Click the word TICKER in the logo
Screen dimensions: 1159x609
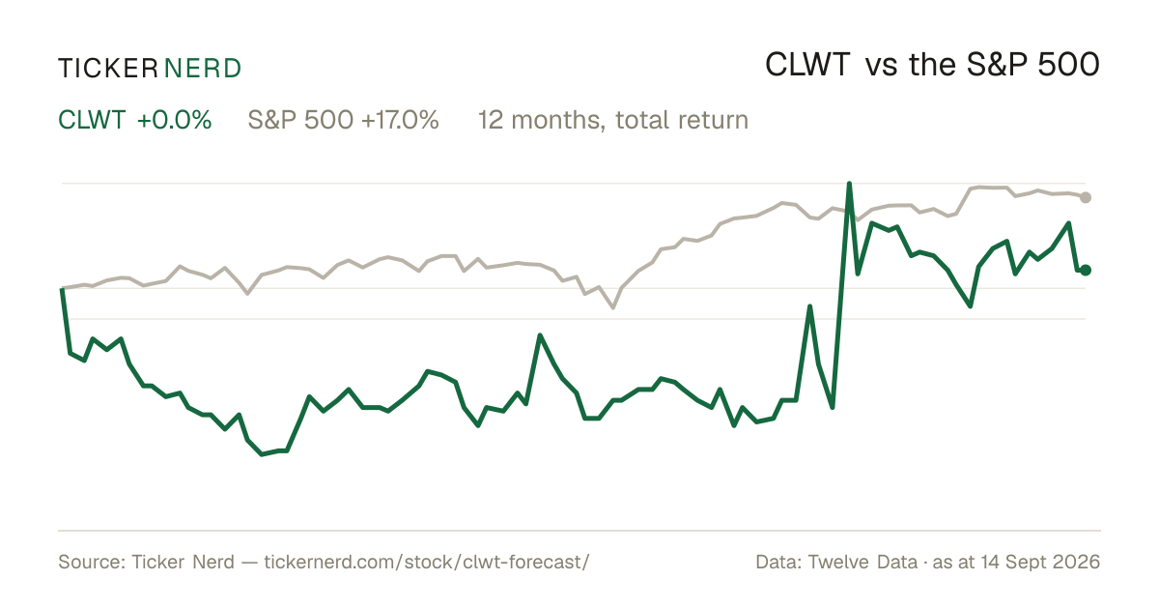[107, 69]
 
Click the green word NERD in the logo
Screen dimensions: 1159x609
[202, 69]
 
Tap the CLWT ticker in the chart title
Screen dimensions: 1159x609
[807, 66]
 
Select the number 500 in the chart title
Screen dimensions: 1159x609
[1068, 66]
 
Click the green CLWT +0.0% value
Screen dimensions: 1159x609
[135, 120]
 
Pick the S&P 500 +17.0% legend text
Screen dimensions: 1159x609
[343, 120]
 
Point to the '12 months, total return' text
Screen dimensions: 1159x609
[613, 120]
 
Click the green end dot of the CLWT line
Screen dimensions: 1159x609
[1086, 270]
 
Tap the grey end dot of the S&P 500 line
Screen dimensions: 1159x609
[1086, 197]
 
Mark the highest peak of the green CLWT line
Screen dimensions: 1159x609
[849, 184]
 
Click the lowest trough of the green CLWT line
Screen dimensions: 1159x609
[262, 454]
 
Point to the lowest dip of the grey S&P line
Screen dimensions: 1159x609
[613, 307]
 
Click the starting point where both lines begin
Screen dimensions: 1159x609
[62, 288]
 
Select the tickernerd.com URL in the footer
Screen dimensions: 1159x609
[426, 562]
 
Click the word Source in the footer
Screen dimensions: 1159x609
[89, 562]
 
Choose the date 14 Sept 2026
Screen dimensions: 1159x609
[1040, 562]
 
